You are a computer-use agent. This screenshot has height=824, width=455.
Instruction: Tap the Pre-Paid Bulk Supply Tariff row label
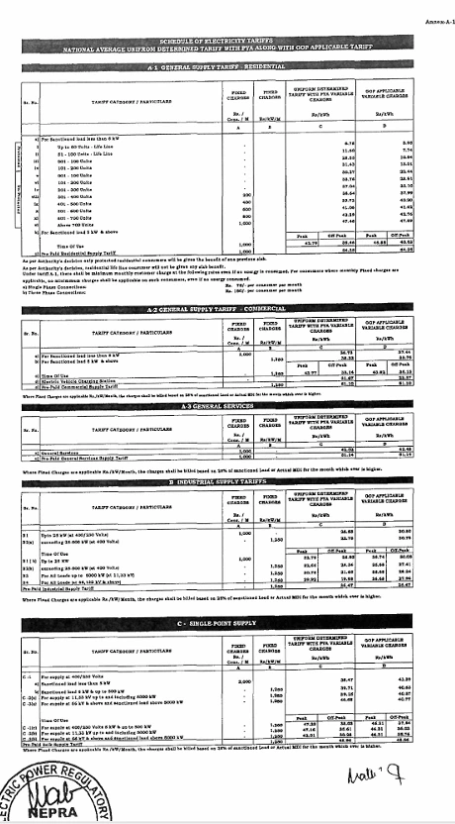click(x=53, y=739)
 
